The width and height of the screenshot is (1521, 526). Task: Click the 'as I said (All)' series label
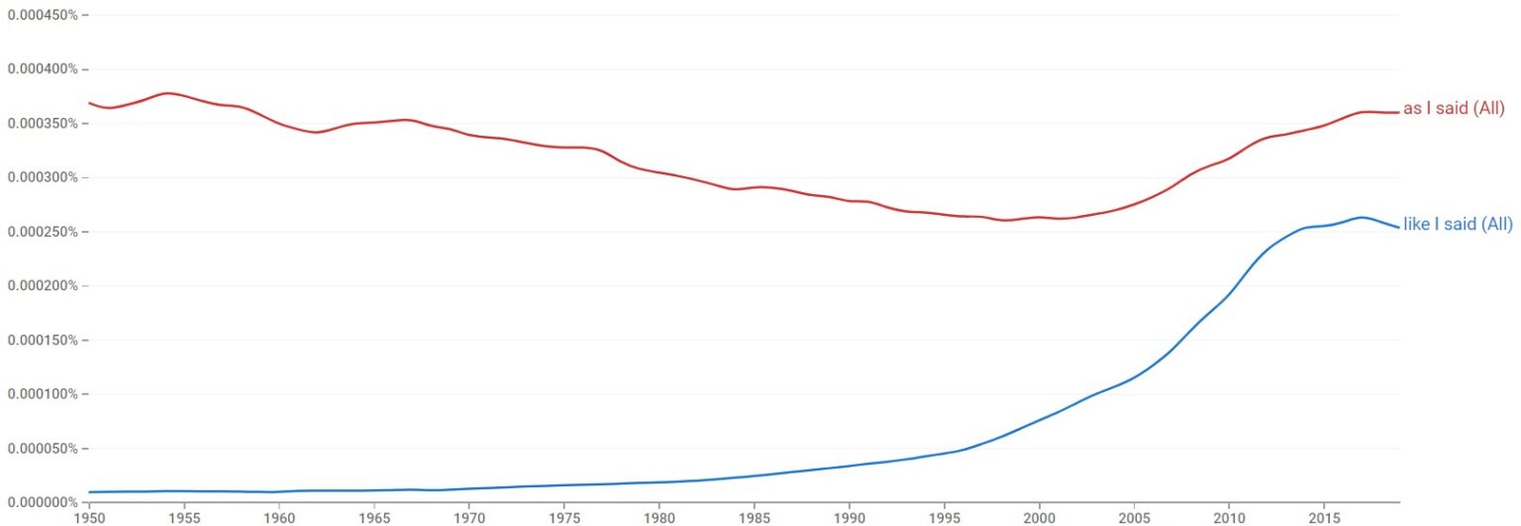[x=1454, y=109]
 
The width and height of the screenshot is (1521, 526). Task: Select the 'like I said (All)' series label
[x=1458, y=225]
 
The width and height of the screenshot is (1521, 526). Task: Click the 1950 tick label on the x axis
[x=89, y=517]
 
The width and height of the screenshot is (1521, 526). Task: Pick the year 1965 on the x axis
[x=373, y=517]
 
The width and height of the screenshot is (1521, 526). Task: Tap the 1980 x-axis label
[x=659, y=517]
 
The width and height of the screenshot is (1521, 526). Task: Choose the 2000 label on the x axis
[x=1038, y=517]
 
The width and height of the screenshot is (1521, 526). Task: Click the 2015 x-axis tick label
[x=1323, y=517]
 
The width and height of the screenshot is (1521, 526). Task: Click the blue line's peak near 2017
[x=1361, y=217]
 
